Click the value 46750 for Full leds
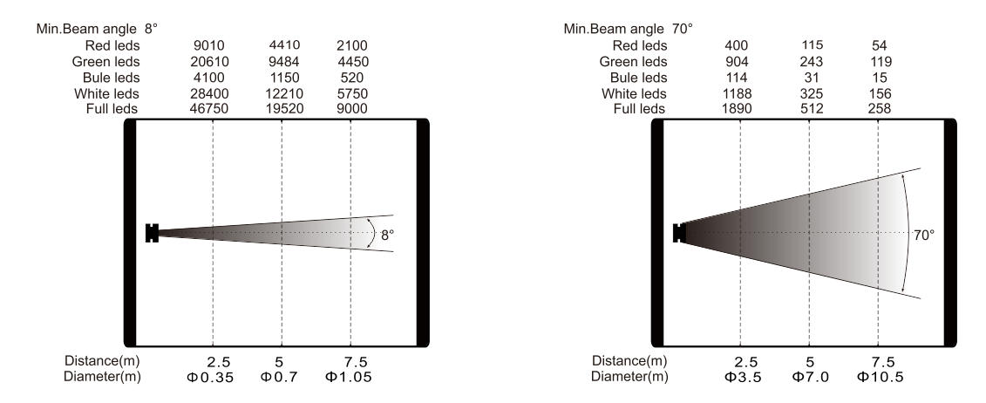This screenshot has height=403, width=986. tap(209, 109)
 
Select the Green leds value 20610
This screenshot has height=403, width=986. tap(209, 62)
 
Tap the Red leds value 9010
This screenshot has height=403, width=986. tap(209, 46)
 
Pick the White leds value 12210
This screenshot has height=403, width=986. tap(284, 93)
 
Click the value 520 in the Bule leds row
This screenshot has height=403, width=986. tap(351, 78)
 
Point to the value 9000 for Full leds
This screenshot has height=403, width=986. tap(352, 109)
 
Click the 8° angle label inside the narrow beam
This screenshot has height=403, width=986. tap(387, 236)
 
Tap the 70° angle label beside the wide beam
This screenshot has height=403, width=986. tap(924, 236)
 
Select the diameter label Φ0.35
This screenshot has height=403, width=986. tap(210, 377)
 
